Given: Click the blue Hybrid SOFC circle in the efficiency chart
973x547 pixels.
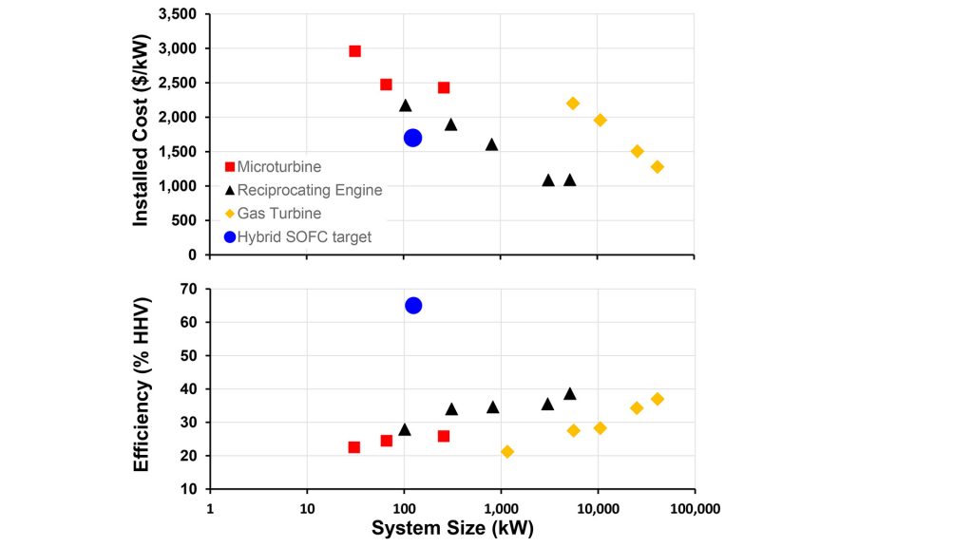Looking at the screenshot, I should pos(413,305).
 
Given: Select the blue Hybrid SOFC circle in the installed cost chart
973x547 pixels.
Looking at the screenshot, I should pos(412,138).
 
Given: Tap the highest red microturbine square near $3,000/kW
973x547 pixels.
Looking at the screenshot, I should pos(354,51).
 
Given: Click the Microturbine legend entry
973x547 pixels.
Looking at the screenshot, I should pos(278,167).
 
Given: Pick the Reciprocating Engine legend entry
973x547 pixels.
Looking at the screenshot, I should pos(309,190).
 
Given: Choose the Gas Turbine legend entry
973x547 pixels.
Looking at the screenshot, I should pos(279,214).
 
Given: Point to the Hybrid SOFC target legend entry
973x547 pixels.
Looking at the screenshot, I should pos(304,236).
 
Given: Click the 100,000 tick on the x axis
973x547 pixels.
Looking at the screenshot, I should pos(695,509).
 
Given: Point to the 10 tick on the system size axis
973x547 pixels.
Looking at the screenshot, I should pos(307,509).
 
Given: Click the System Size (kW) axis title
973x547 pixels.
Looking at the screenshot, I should pos(452,529).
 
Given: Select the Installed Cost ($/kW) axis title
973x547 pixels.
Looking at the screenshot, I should pos(141,134).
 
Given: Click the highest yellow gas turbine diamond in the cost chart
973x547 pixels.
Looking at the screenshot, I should pos(573,103).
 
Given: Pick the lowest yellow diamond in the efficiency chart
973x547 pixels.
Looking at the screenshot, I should pos(507,452).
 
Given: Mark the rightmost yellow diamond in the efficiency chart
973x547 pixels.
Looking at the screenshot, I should pos(657,399).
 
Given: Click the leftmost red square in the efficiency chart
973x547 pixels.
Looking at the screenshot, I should pos(354,447).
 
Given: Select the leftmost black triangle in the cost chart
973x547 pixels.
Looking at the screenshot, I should pos(406,105).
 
